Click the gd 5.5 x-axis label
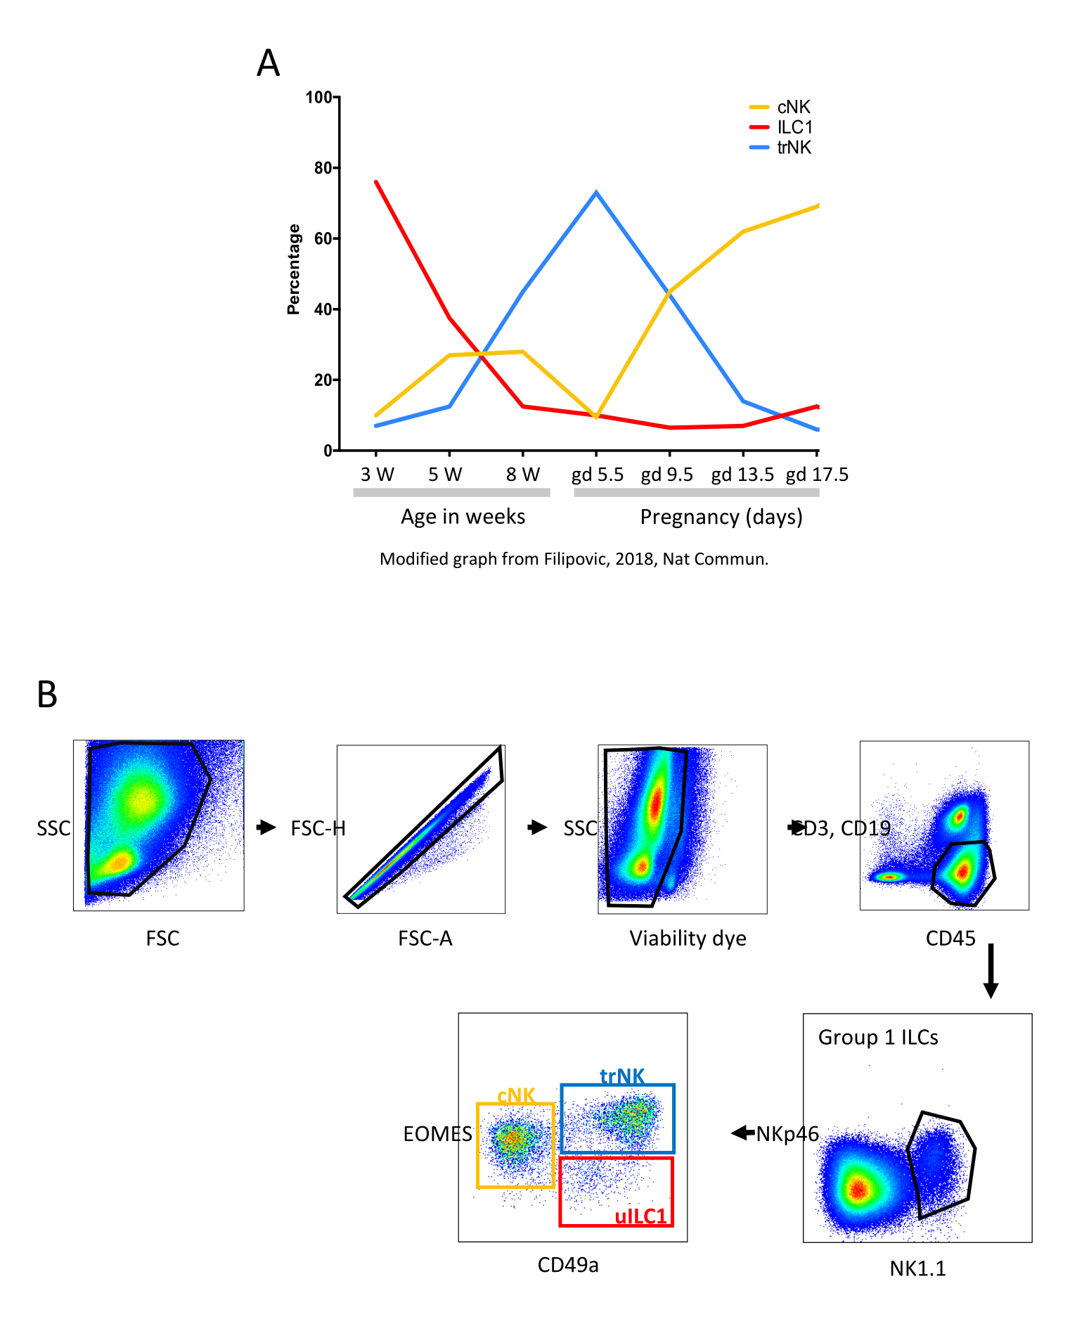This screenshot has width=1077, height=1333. coord(597,475)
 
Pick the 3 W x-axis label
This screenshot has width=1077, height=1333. coord(377,475)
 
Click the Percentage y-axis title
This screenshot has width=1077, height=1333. coord(294,269)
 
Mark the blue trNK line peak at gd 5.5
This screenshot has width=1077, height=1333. coord(596,193)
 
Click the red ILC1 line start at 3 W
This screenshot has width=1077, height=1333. coord(376,182)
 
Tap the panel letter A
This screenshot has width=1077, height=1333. coord(269,63)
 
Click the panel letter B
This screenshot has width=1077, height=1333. coord(47,695)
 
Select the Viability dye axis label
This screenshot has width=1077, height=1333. coord(688,939)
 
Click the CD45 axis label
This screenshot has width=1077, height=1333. coord(950,939)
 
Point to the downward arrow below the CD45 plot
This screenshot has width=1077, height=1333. coord(991,970)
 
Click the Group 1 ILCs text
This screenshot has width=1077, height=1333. coord(878,1038)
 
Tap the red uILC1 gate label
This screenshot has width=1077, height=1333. coord(640,1217)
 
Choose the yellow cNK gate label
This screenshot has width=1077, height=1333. coord(516,1096)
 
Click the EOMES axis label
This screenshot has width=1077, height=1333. coord(437,1134)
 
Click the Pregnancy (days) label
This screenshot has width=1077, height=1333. coord(721,517)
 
